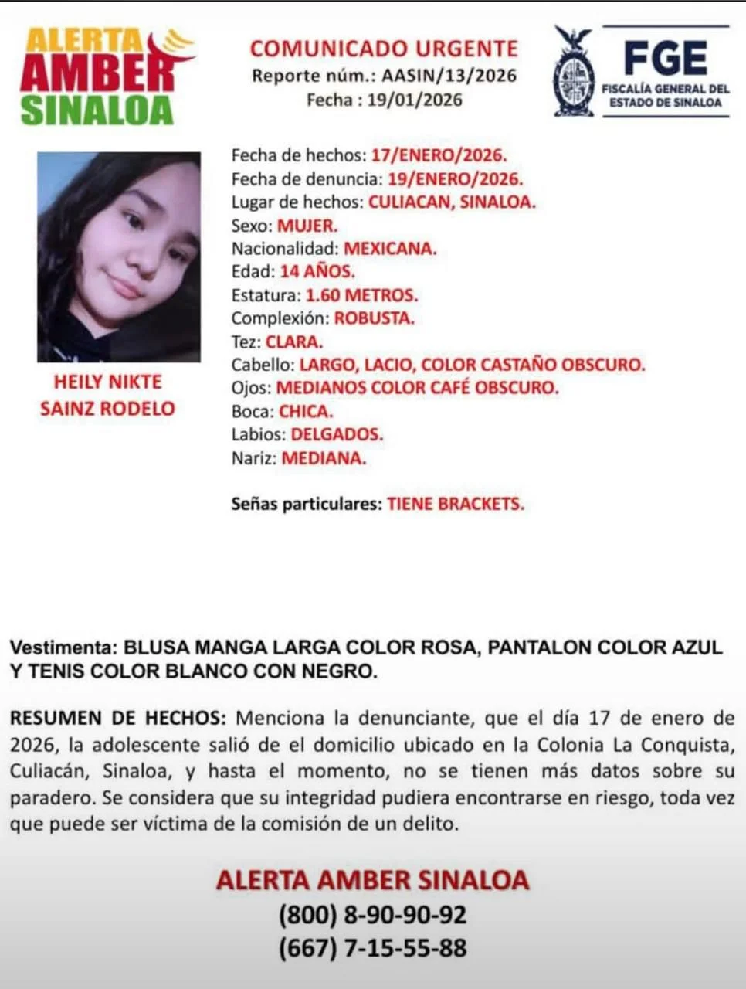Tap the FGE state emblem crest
[574, 73]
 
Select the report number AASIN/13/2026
[449, 76]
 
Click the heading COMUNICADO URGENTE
[384, 49]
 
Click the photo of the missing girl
[119, 257]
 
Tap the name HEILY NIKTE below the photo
[107, 382]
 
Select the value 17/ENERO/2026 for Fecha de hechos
[439, 155]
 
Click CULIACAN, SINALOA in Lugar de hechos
[452, 202]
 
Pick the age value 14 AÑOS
[317, 272]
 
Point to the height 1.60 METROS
[361, 295]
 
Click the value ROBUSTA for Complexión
[374, 318]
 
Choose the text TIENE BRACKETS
[456, 505]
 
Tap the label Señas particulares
[307, 505]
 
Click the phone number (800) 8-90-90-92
[372, 915]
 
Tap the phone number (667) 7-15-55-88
[372, 948]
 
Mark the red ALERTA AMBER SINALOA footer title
[372, 880]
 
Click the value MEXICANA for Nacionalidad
[390, 249]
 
